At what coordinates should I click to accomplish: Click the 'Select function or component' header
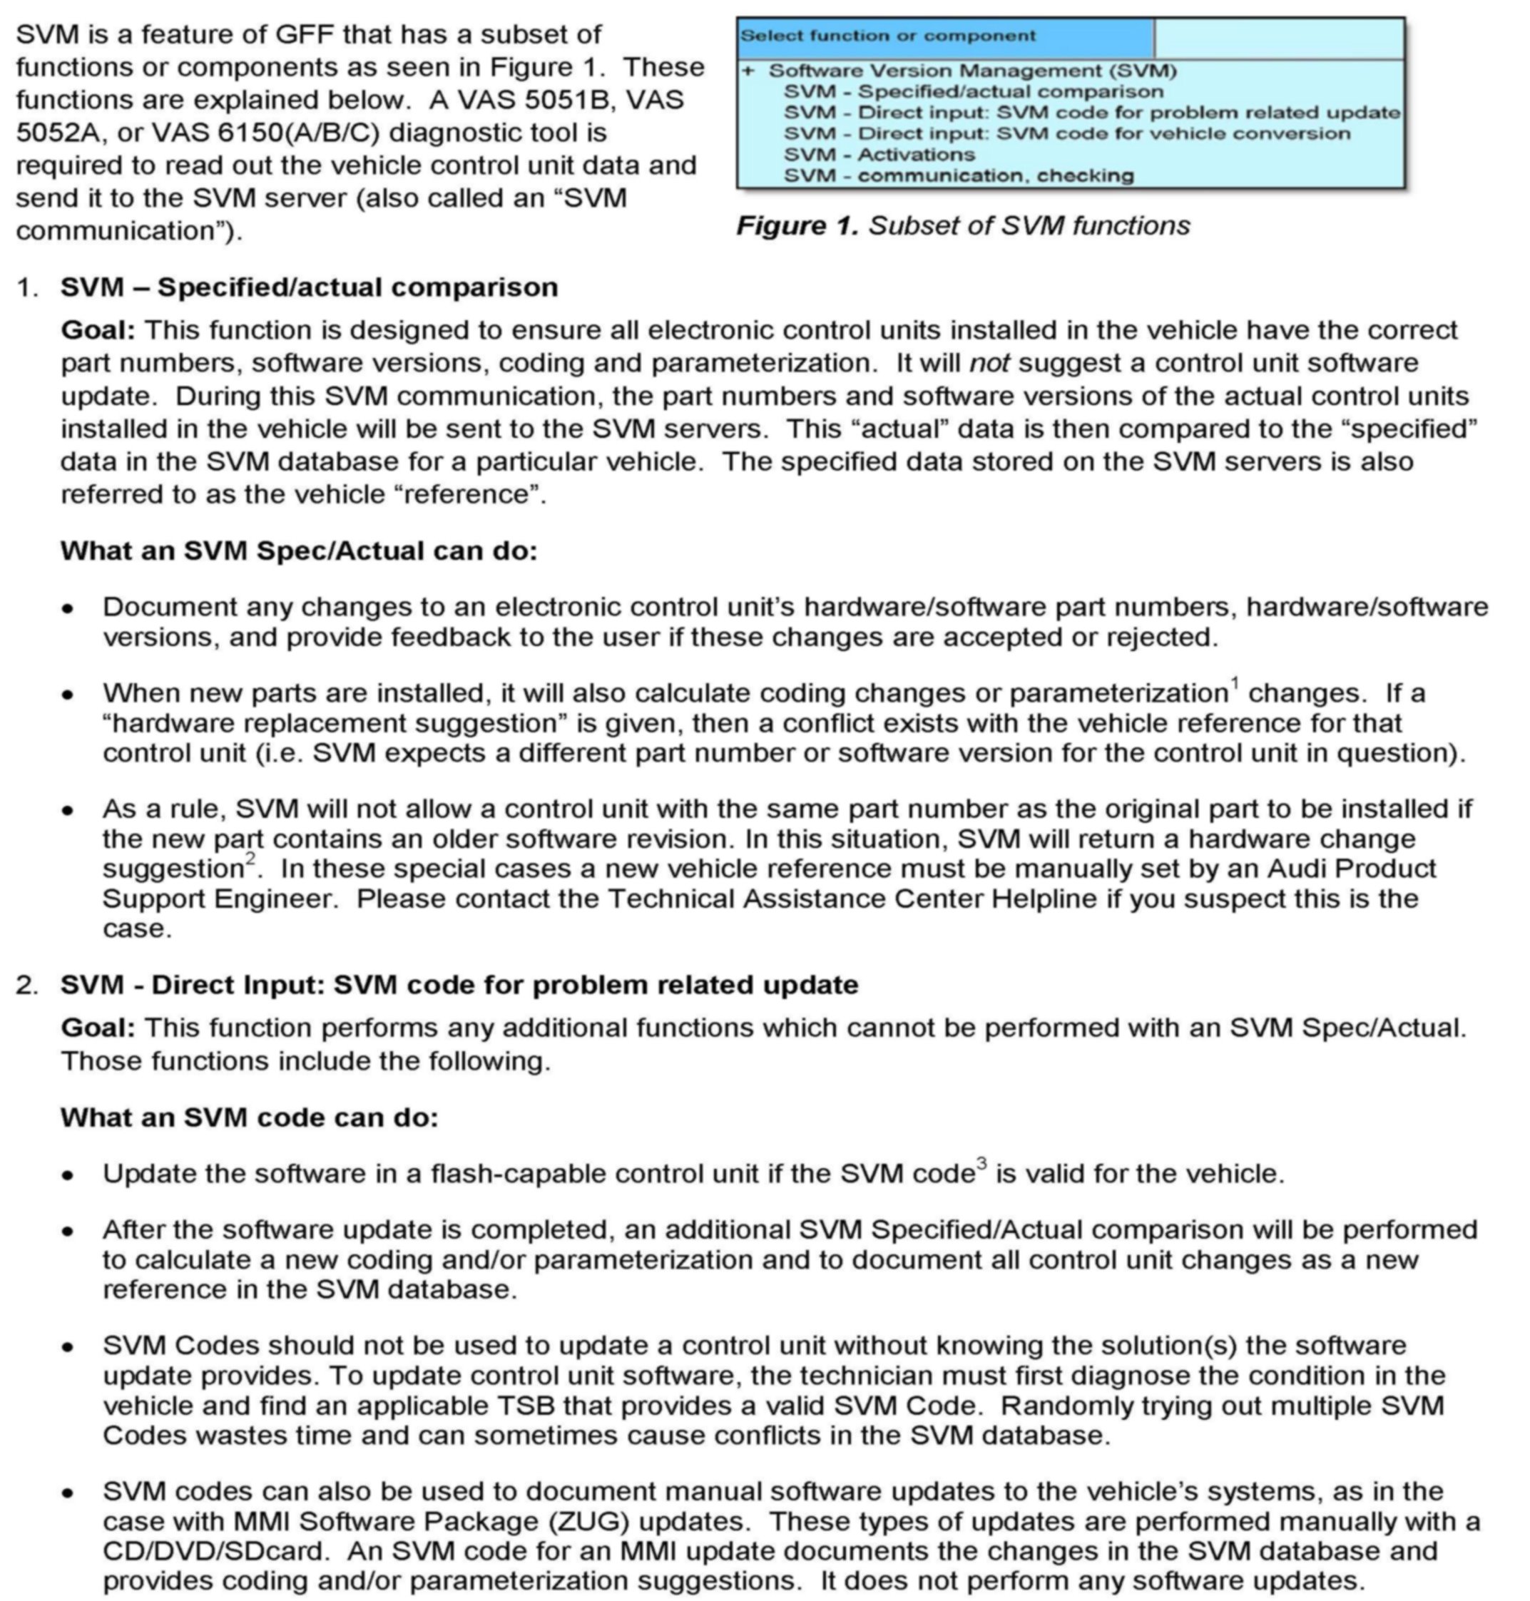(x=887, y=36)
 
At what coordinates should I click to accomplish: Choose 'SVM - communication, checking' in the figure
(x=957, y=175)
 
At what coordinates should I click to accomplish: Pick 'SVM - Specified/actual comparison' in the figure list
(x=973, y=91)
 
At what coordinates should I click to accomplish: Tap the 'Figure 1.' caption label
(x=797, y=226)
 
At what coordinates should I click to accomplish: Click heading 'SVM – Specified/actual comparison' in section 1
(x=308, y=287)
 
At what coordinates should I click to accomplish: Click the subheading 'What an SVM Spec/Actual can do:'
(x=298, y=551)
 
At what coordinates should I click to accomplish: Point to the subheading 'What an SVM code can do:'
(x=249, y=1117)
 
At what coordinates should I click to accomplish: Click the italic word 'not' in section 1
(x=989, y=363)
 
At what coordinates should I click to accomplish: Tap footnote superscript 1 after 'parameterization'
(x=1235, y=682)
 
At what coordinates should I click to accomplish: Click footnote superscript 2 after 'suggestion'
(x=250, y=858)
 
